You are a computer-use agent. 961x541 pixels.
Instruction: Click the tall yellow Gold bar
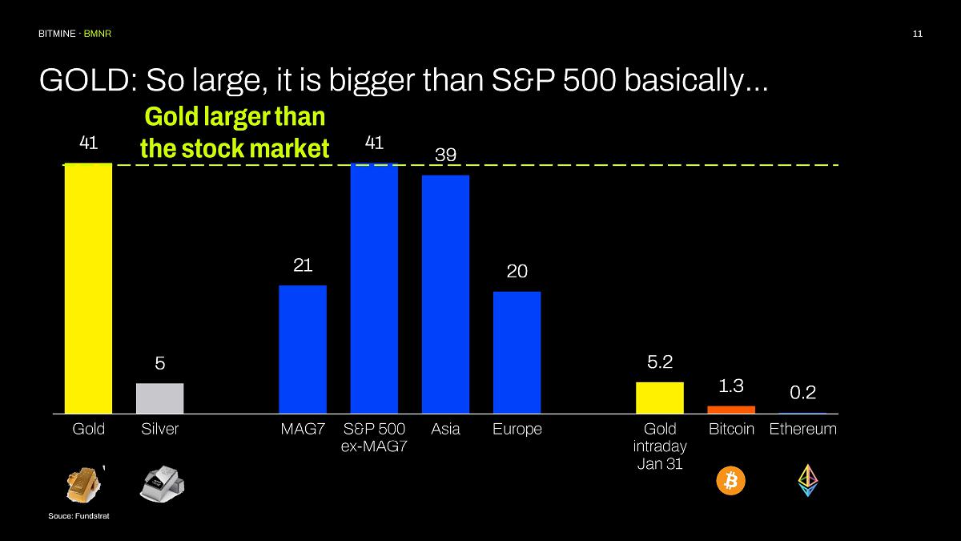pos(88,288)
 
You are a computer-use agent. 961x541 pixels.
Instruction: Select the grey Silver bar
pos(159,398)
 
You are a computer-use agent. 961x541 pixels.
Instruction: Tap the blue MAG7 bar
pos(303,349)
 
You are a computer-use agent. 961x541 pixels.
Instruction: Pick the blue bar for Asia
pos(445,294)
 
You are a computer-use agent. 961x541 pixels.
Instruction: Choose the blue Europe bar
pos(517,353)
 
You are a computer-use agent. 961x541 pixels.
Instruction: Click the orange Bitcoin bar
pos(731,410)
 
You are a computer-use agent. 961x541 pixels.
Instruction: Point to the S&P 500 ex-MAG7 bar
pos(374,288)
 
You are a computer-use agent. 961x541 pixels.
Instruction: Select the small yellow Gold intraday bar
pos(660,398)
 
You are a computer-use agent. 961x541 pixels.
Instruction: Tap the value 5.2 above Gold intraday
pos(659,362)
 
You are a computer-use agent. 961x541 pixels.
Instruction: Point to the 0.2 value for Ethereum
pos(802,392)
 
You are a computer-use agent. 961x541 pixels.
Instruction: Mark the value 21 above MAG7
pos(303,265)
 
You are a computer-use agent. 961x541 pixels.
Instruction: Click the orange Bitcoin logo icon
pos(730,481)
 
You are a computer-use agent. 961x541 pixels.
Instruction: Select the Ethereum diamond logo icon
pos(807,480)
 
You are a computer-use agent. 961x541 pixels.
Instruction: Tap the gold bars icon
pos(85,482)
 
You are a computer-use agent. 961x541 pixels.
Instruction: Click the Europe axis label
pos(517,429)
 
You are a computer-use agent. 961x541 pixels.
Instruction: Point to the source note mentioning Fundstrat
pos(78,516)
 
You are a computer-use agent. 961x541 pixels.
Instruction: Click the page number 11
pos(918,34)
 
